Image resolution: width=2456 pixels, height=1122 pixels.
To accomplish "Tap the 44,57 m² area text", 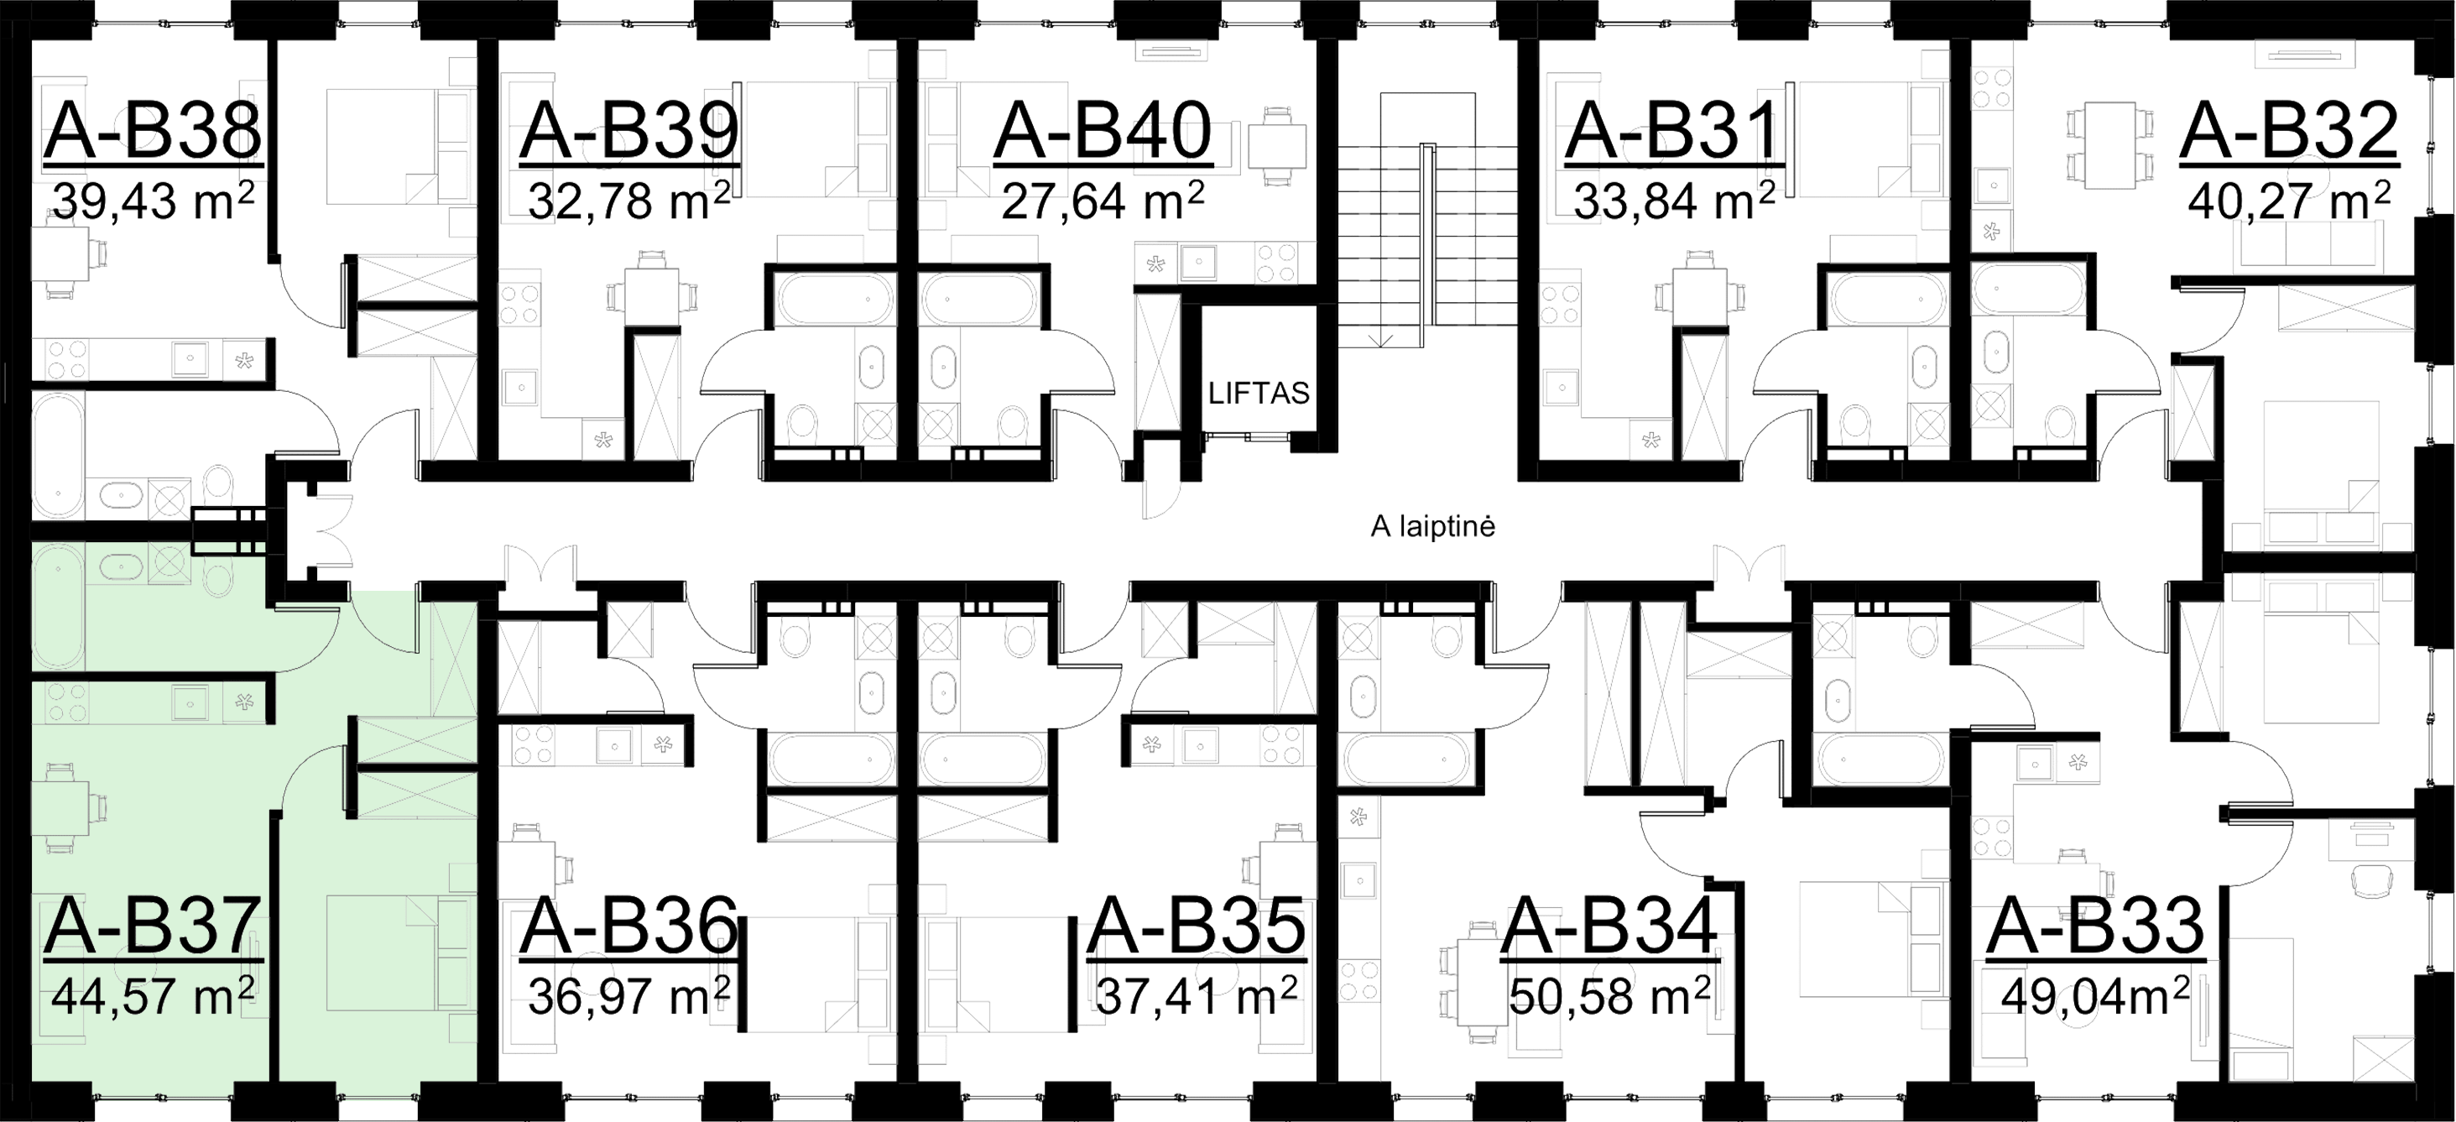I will point(153,995).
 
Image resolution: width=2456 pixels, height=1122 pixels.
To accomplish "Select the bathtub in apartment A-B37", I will point(58,611).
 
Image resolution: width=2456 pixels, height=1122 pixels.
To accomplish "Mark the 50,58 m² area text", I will point(1610,995).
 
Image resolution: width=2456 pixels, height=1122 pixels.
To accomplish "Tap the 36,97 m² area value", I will point(628,995).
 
